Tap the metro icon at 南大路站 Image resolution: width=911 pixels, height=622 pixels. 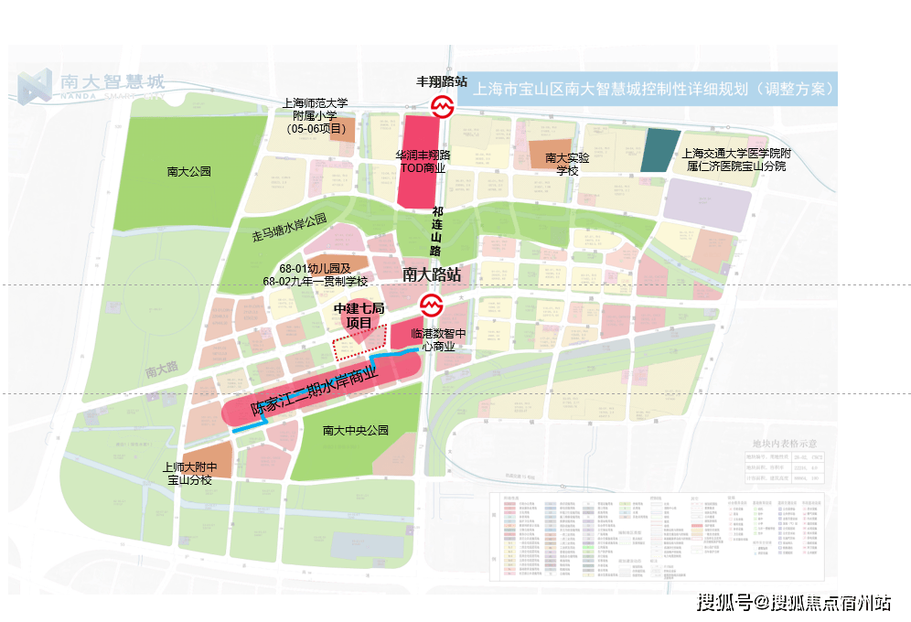[430, 304]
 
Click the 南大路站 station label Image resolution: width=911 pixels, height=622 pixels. [431, 273]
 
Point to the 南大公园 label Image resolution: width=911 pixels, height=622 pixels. [189, 171]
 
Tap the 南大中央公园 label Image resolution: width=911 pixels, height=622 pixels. [356, 430]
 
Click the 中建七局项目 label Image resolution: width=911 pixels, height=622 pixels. [359, 316]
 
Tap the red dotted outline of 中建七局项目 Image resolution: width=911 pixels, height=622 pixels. [357, 349]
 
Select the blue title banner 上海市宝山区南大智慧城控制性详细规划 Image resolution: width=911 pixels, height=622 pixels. [654, 91]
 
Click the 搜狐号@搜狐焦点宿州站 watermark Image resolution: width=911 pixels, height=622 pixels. [793, 602]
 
